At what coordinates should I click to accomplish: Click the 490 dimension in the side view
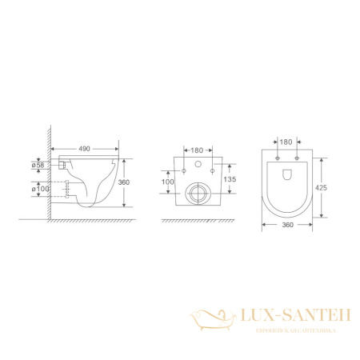coord(83,148)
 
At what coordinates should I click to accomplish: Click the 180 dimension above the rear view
coord(196,148)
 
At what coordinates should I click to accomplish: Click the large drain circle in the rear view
coord(196,192)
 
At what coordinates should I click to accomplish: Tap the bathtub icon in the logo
coord(209,322)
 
